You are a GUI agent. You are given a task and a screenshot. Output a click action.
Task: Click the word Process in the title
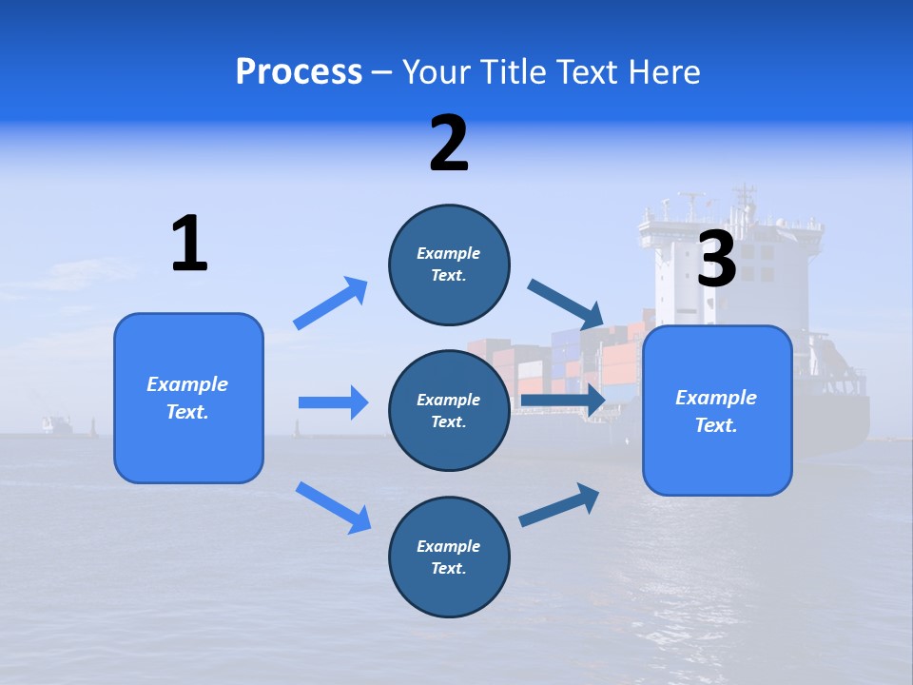299,72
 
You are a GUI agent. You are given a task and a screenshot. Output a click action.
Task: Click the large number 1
190,243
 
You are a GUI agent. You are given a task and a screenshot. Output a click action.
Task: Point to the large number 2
449,144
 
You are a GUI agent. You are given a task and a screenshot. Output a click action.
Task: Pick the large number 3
717,258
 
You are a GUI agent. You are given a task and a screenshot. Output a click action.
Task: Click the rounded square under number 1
188,399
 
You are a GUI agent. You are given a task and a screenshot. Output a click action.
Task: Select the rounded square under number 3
717,411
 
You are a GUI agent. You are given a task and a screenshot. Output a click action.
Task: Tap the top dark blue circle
450,265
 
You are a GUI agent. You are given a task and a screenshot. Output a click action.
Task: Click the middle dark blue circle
450,411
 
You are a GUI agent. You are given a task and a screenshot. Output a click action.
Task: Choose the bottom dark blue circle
450,557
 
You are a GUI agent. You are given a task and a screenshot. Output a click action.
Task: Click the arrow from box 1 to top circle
330,303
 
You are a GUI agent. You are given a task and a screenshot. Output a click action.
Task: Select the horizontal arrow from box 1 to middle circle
334,402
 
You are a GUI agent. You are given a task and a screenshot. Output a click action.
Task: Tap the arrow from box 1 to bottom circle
334,508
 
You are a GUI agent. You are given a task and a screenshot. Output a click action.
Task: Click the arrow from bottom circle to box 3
559,505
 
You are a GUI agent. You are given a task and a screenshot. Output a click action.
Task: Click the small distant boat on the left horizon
57,424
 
